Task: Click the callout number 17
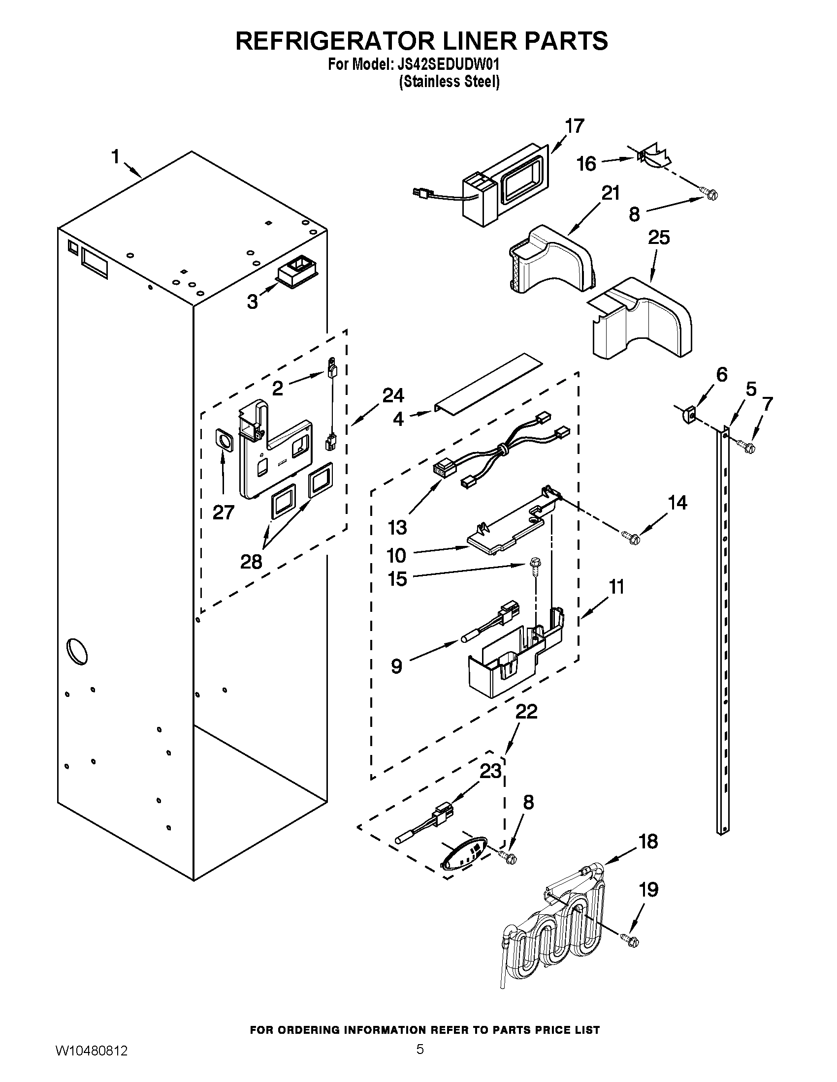[575, 126]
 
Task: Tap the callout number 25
[659, 238]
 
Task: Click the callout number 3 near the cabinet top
[253, 301]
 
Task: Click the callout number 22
[526, 712]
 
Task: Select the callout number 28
[251, 562]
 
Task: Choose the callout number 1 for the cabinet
[115, 157]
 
